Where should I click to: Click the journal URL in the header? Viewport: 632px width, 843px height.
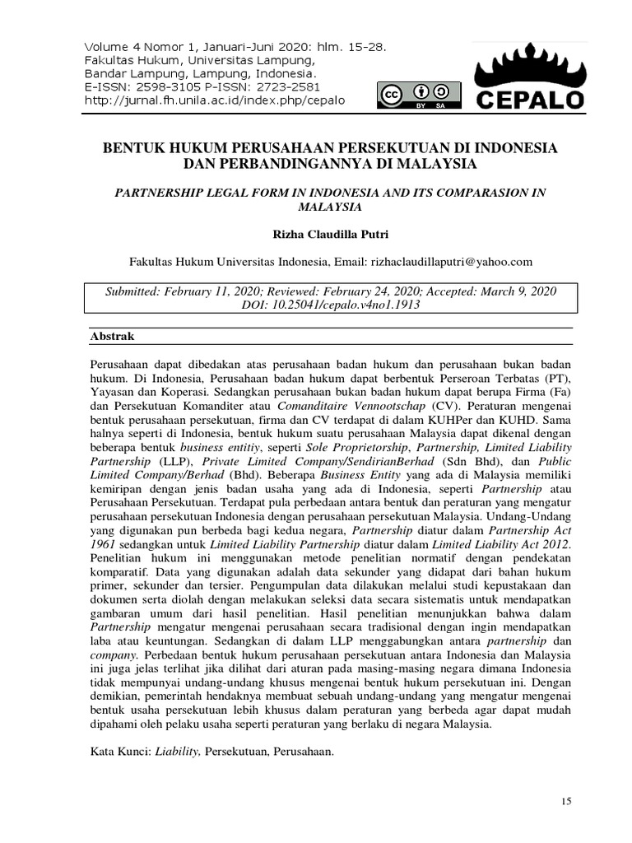pos(215,100)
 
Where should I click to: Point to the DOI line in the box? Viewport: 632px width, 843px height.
pos(331,305)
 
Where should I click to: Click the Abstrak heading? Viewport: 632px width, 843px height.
pos(111,337)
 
